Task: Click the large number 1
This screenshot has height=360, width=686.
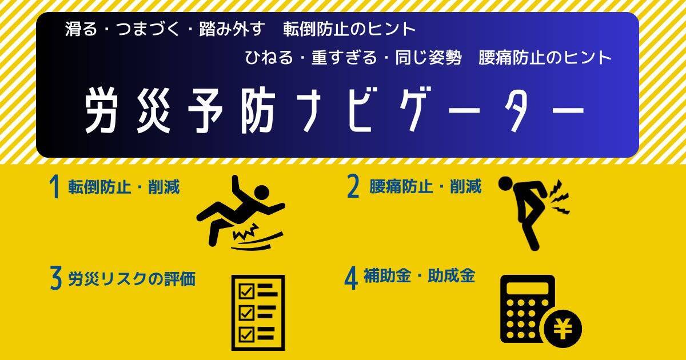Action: coord(54,187)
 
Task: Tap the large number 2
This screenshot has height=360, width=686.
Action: coord(353,186)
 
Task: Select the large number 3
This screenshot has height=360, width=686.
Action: coord(56,278)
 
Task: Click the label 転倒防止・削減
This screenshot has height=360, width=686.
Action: coord(123,187)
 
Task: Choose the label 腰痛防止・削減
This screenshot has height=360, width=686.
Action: coord(425,186)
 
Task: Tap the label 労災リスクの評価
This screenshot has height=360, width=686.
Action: coord(131,279)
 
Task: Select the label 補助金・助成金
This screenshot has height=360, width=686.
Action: coord(419,275)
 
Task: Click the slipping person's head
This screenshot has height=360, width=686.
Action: coord(261,193)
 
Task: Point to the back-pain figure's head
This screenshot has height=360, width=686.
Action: coord(505,184)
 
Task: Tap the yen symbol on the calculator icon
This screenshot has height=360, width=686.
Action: coord(563,329)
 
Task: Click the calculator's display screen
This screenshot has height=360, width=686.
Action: coord(527,289)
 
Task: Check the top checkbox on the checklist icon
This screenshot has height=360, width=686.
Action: coord(246,291)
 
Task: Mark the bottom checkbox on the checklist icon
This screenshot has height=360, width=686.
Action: coord(246,334)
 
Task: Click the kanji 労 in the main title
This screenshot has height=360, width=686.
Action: coord(101,110)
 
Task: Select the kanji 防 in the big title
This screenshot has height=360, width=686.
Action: coord(258,110)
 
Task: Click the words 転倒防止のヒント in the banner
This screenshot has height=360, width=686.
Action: coord(349,29)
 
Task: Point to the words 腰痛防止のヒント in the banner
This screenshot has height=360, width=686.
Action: coord(545,58)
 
